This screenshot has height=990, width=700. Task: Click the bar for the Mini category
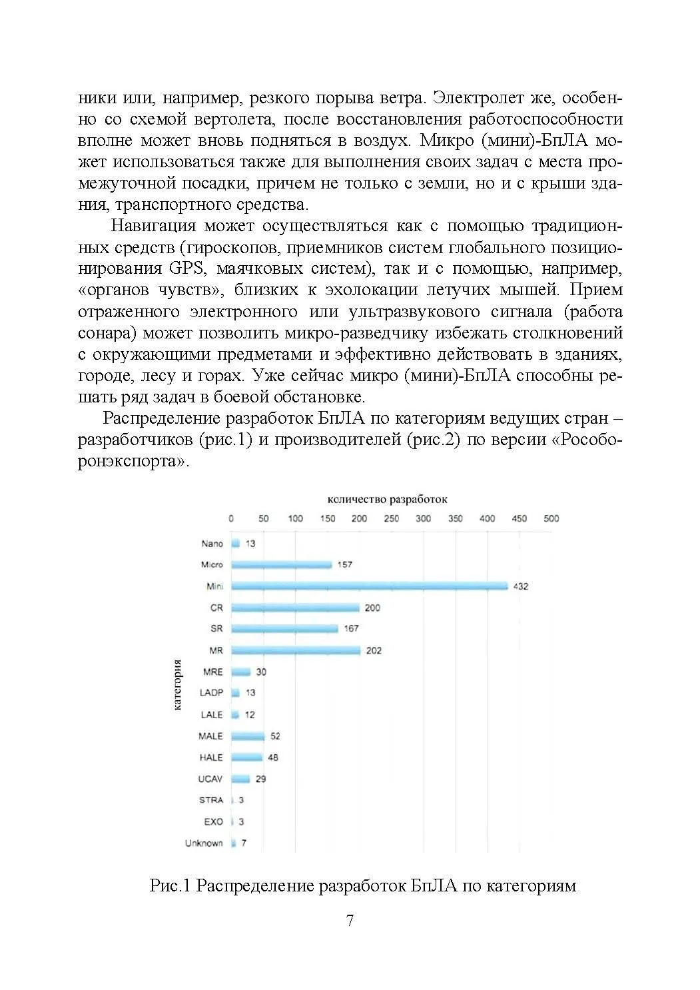(x=369, y=586)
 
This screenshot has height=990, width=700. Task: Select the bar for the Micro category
(x=281, y=565)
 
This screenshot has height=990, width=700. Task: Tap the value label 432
(x=520, y=586)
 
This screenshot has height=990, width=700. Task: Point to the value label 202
(x=374, y=650)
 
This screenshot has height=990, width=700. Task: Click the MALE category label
(x=210, y=736)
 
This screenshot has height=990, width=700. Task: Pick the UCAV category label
(x=210, y=779)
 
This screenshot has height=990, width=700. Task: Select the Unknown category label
(x=204, y=843)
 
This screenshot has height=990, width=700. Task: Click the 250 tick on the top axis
(x=392, y=518)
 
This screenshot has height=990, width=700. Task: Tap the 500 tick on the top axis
(x=551, y=518)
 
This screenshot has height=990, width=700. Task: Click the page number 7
(x=350, y=921)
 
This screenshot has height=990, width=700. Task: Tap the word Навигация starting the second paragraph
(x=153, y=226)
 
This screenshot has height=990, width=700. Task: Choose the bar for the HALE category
(x=246, y=757)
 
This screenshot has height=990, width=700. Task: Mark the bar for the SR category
(x=284, y=629)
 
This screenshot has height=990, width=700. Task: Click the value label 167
(x=351, y=629)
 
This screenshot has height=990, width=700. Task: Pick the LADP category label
(x=211, y=693)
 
